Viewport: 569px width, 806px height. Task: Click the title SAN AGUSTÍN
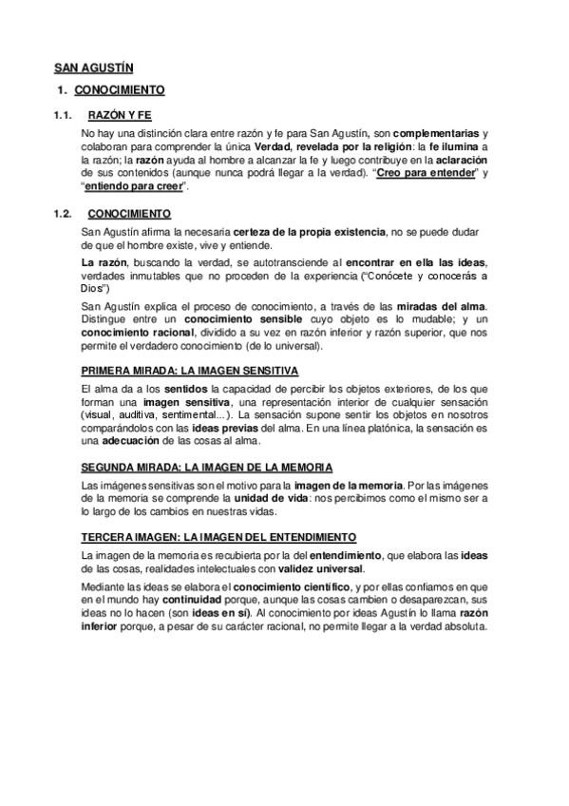pos(92,68)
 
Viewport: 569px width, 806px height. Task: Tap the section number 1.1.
pos(64,114)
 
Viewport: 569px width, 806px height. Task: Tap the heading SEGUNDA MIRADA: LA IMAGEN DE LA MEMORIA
pos(207,467)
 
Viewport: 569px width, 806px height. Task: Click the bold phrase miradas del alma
pos(441,304)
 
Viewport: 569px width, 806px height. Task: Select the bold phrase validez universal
pos(320,569)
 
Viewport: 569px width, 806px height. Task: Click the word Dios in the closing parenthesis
pos(93,287)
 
